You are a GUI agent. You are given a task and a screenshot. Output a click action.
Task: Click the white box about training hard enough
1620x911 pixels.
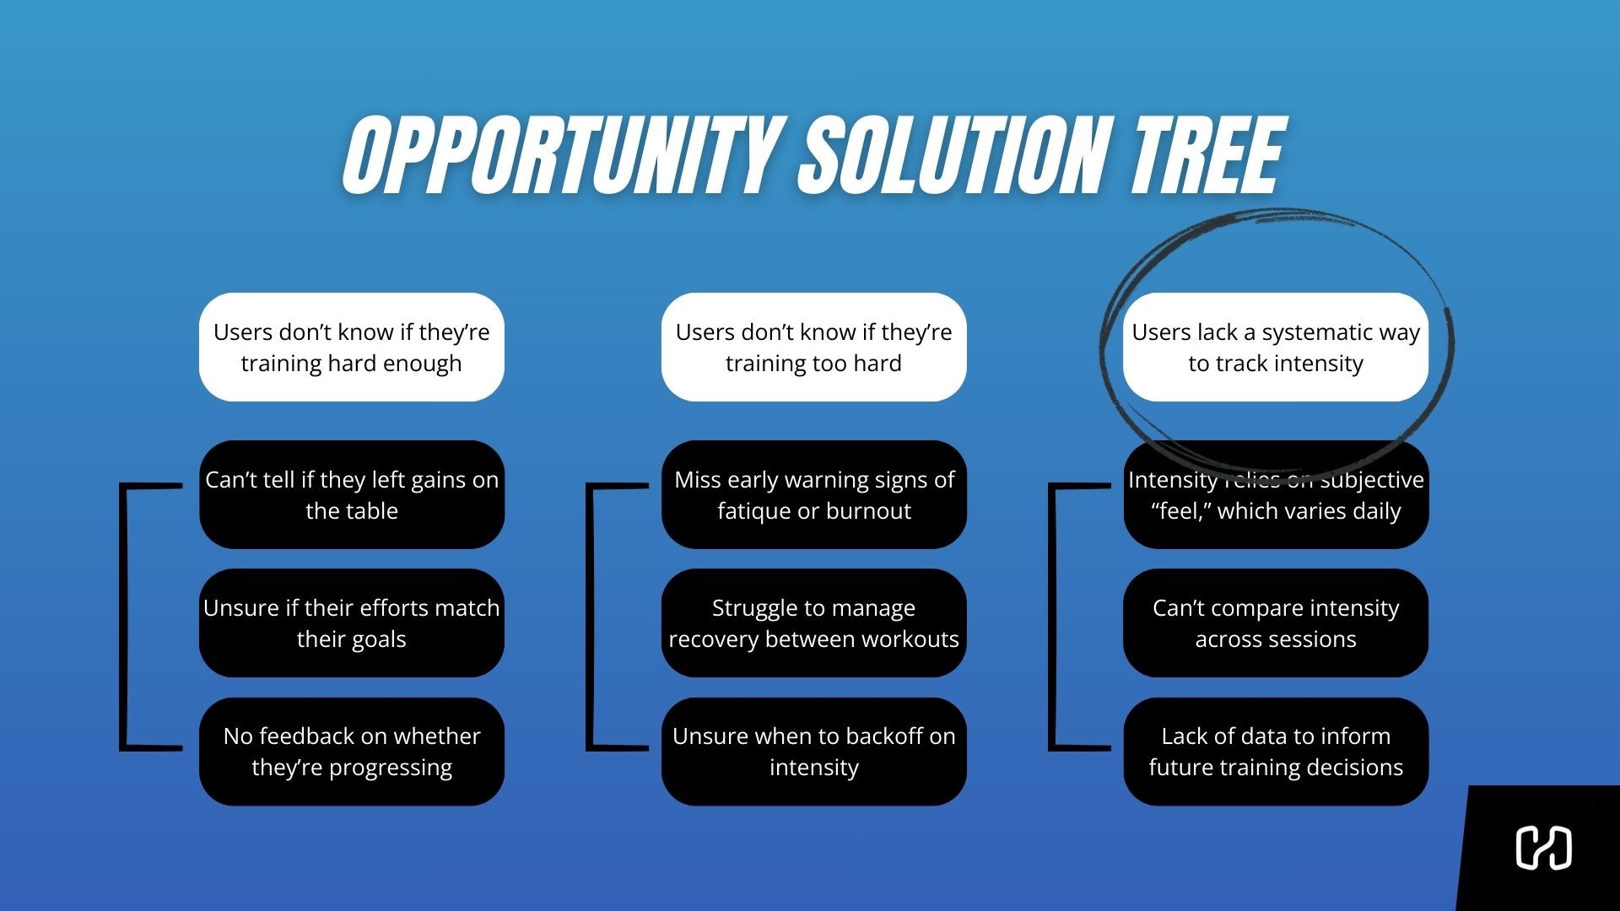click(x=351, y=347)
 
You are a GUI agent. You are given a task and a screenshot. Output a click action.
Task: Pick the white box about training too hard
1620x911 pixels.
click(x=813, y=347)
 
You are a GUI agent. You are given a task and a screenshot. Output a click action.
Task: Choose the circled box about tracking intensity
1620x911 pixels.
click(x=1275, y=347)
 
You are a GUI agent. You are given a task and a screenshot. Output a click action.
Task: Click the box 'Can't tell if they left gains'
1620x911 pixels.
click(x=351, y=494)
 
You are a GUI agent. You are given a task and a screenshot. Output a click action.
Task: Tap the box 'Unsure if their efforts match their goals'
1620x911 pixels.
click(x=351, y=623)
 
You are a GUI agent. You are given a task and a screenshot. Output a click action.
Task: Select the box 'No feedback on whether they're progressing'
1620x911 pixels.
click(x=351, y=751)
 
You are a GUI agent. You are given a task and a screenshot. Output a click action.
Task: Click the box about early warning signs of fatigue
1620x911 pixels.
click(x=813, y=494)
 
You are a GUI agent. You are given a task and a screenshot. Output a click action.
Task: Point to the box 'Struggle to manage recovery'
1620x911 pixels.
click(x=813, y=623)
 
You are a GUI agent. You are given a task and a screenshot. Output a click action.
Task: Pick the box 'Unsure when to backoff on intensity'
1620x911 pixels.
click(x=813, y=751)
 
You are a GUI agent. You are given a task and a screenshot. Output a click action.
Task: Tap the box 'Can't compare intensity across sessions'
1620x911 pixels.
click(x=1275, y=623)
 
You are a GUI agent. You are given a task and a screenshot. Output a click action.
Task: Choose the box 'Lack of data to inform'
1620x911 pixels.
click(x=1275, y=751)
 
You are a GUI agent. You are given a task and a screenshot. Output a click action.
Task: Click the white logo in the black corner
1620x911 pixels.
click(x=1543, y=848)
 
